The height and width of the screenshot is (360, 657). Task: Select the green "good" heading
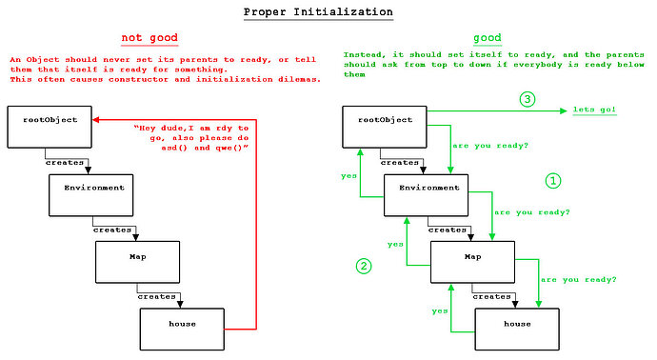click(488, 38)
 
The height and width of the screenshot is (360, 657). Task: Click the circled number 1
click(553, 180)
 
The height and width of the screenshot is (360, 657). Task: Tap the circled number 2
click(363, 267)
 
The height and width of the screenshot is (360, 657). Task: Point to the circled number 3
click(527, 99)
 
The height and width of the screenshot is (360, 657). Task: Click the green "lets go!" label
click(594, 110)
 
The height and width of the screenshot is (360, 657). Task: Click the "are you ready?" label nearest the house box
click(578, 279)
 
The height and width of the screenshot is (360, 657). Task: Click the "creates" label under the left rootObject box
click(67, 162)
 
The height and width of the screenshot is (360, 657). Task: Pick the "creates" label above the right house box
click(492, 296)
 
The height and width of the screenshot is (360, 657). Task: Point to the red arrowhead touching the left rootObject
click(97, 121)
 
